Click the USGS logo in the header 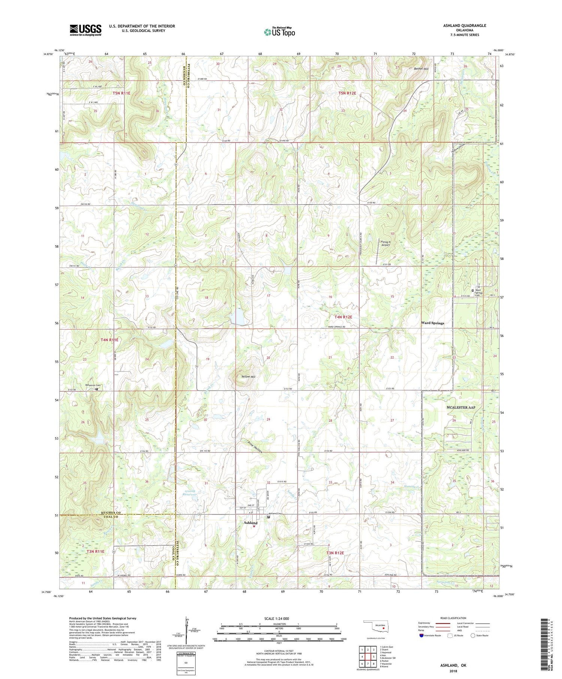tap(85, 30)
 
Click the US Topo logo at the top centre tap(279, 32)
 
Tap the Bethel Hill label tap(421, 69)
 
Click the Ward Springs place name tap(432, 323)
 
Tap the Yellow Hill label tap(248, 376)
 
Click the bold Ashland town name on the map tap(250, 523)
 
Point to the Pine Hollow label tap(256, 447)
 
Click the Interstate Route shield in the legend tap(421, 636)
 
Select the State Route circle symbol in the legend tap(473, 636)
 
